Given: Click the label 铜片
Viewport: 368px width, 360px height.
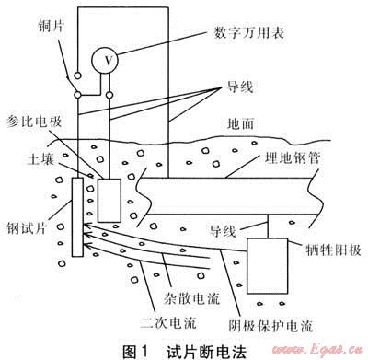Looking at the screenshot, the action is pos(51,27).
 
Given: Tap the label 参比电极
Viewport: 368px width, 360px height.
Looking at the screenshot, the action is pos(34,122).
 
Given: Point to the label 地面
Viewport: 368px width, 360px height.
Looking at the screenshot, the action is pos(241,123).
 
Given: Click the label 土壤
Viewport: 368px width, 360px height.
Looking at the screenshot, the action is pos(40,159).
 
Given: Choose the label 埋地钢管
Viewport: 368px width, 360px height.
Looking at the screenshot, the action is pos(293,157).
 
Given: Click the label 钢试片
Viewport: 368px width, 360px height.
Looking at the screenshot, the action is pos(27,227).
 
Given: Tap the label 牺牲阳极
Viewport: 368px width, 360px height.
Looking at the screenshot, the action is pos(334,250).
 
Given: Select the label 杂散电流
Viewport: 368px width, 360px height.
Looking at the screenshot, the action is pos(191,298).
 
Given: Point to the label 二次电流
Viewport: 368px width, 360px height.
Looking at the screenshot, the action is pos(168,322).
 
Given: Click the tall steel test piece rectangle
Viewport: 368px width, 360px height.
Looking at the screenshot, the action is pos(77,217).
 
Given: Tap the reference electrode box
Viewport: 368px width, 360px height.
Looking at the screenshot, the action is pos(109,201).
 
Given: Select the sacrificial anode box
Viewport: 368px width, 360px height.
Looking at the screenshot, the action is pos(268,266).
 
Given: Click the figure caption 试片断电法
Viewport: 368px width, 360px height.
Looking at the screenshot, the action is pos(207,352).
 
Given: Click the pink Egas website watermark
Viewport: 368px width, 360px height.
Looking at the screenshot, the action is pos(317,350).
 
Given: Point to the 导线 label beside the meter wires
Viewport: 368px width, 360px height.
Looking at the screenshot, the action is pos(240,87).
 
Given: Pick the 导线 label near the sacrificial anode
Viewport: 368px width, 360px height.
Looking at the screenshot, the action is pos(223,231).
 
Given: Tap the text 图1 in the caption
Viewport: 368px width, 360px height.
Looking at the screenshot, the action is pos(135,352).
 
